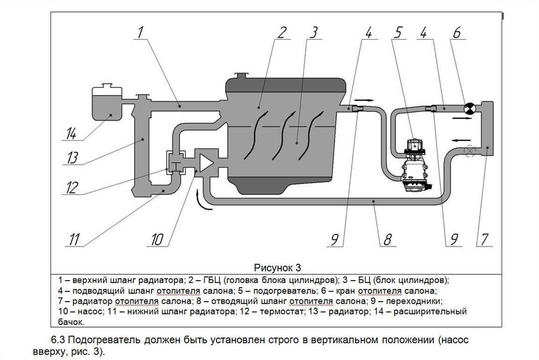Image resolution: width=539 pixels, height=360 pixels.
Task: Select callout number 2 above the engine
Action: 281,33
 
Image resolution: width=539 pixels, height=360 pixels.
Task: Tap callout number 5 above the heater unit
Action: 398,33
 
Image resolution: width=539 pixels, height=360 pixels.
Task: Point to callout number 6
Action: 457,33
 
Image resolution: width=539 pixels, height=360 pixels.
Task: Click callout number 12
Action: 71,188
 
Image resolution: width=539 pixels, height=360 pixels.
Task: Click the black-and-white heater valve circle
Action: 470,108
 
